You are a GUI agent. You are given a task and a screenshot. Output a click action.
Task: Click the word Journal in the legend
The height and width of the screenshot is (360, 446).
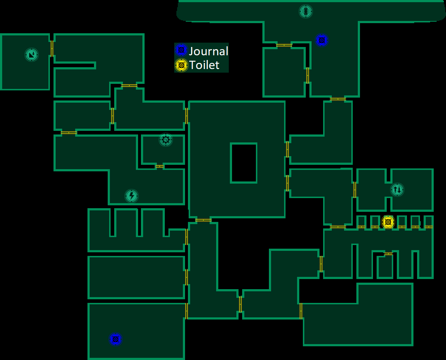coord(209,51)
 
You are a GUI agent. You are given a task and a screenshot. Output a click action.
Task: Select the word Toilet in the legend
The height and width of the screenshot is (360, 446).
coord(204,65)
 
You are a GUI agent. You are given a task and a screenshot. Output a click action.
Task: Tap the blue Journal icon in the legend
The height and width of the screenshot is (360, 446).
coord(181,50)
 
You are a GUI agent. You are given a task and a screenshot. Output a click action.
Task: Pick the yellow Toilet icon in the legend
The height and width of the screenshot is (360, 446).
coord(181,65)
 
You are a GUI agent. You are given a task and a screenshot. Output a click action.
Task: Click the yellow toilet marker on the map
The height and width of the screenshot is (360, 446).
coord(388,222)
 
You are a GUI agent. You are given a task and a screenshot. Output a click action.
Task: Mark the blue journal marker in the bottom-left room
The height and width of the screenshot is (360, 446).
coord(116,339)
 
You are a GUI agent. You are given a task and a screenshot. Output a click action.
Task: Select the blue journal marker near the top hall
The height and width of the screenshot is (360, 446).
coord(321,40)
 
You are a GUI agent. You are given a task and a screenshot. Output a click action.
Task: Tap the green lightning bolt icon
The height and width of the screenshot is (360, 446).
coord(132,196)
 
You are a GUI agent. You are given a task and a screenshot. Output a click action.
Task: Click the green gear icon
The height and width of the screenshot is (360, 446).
coord(166,140)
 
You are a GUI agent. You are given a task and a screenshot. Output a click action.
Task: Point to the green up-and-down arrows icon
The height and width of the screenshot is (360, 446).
coord(397,189)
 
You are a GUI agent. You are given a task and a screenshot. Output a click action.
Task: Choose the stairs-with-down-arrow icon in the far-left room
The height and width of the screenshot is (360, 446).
coord(31,55)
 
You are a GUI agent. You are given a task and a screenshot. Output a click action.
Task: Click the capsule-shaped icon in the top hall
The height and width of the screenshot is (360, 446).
coord(306,11)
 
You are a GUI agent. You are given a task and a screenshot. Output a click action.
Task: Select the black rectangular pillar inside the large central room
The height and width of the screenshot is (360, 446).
coord(244,163)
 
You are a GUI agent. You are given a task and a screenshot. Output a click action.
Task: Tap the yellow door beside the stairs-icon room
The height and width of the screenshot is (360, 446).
coord(52,48)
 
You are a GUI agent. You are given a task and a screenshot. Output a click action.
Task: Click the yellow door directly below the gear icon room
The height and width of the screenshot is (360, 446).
coord(159,166)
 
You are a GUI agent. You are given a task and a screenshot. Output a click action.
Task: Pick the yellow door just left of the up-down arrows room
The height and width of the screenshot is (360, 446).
coord(355,189)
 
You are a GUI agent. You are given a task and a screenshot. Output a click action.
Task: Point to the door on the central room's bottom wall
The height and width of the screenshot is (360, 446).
coord(203,220)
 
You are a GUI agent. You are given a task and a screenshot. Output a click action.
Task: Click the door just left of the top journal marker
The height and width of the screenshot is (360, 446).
coord(284,45)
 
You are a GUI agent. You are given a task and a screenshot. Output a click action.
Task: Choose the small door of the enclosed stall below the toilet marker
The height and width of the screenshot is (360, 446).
coord(388,254)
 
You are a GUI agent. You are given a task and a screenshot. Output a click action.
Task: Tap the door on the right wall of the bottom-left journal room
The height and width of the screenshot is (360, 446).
coord(186,311)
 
